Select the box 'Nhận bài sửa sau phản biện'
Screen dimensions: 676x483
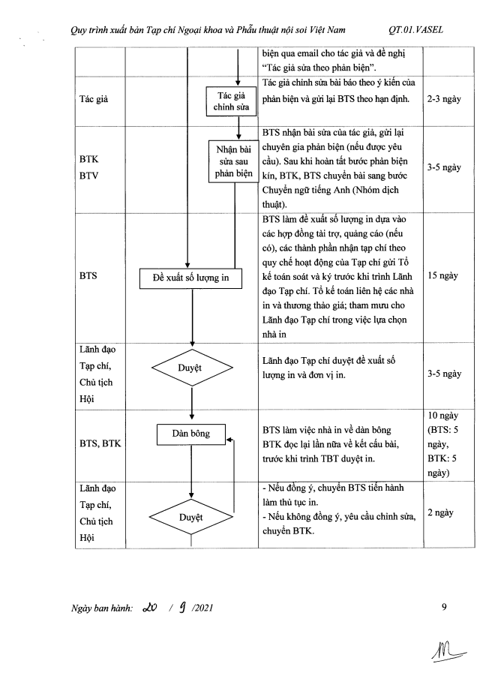coord(233,161)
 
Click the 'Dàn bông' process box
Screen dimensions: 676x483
coord(190,434)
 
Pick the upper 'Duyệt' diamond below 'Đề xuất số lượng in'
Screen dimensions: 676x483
coord(190,368)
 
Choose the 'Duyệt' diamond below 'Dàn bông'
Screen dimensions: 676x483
coord(190,517)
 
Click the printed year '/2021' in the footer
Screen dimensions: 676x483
coord(202,608)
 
